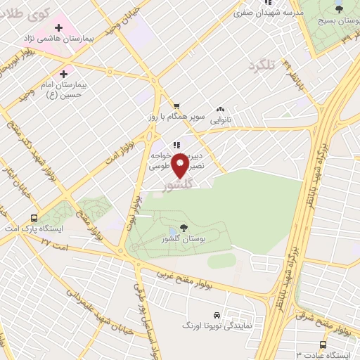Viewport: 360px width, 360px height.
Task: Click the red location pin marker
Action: coord(181,166)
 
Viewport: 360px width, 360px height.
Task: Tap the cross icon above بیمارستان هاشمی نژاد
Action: coord(58,28)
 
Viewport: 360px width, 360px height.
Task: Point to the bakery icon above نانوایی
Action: coord(221,109)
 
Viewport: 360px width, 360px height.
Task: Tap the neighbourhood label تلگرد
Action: coord(260,66)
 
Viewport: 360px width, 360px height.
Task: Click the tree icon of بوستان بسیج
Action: coord(340,9)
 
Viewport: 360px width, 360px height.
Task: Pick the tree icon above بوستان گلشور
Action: coord(183,227)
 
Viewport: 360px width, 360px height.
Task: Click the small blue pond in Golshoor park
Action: coord(173,232)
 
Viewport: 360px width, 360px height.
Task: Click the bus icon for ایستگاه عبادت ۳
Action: coord(323,345)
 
